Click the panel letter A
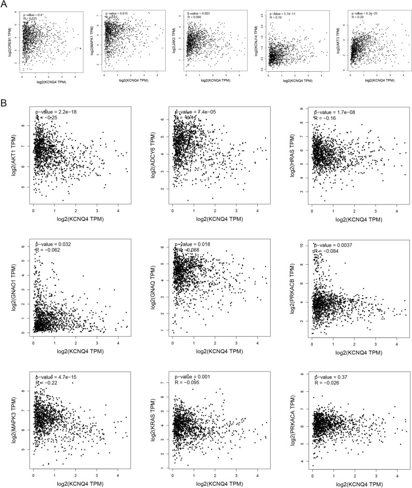click(x=4, y=4)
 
